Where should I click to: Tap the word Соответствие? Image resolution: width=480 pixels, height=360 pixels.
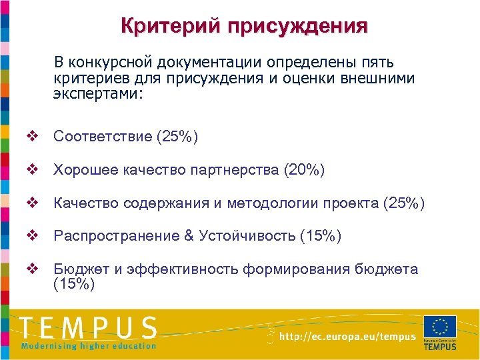click(102, 137)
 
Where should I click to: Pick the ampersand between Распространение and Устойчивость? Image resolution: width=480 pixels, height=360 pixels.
click(188, 235)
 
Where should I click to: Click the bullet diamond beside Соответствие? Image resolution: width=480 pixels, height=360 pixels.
click(31, 137)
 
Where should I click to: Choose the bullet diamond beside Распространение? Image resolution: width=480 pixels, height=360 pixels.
click(31, 235)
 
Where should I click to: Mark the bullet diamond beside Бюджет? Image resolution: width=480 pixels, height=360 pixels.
click(31, 269)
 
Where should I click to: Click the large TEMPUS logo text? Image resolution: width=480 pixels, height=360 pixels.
click(89, 328)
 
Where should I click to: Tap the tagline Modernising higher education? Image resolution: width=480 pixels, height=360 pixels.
click(89, 345)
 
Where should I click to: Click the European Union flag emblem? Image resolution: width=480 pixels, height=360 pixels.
click(440, 327)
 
